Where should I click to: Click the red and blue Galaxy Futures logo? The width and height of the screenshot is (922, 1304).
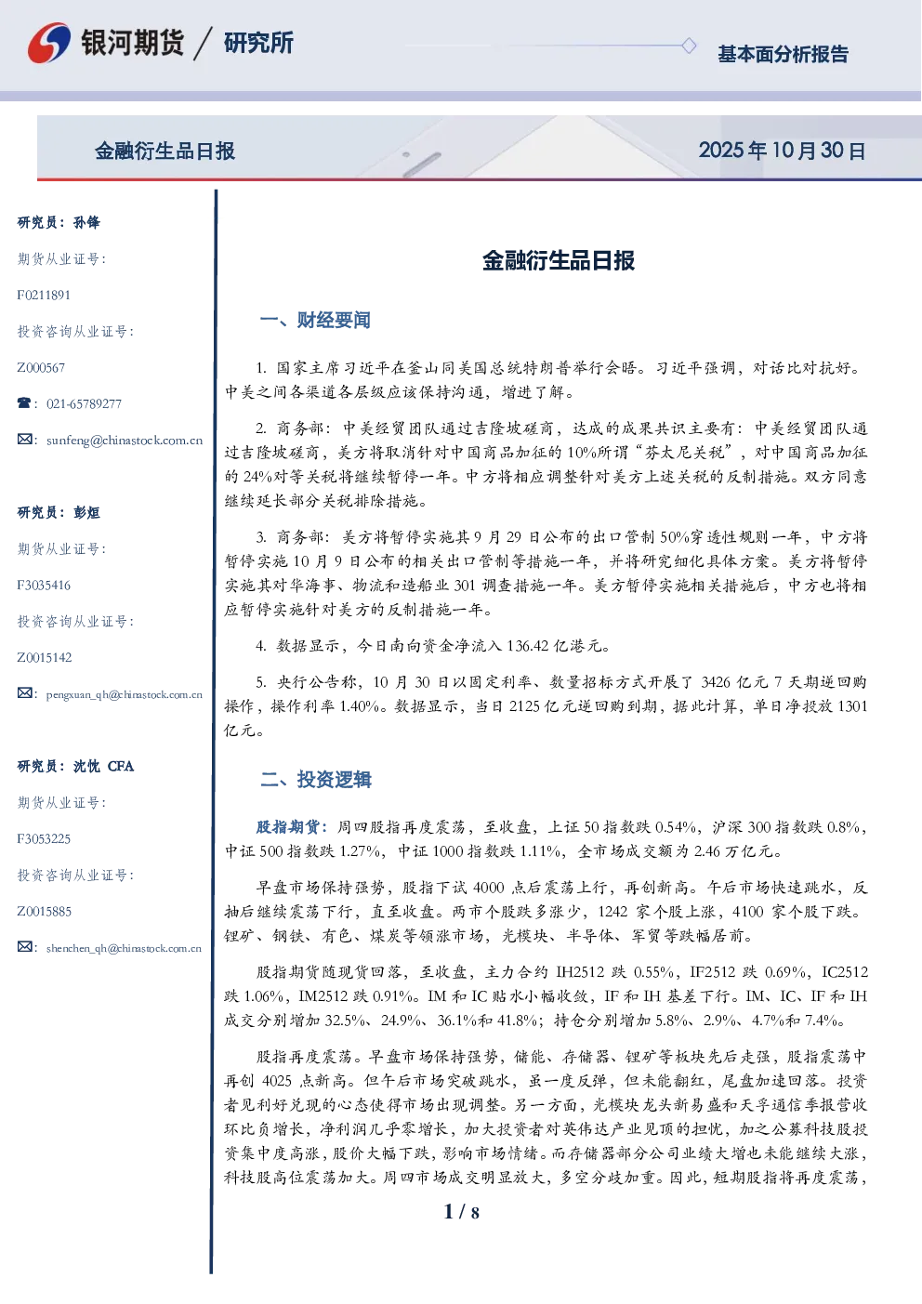click(49, 43)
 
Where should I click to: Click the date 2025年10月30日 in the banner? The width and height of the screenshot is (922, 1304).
click(782, 151)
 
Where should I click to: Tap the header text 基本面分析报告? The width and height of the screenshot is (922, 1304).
click(783, 54)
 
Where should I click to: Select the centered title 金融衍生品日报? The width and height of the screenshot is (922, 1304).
click(559, 260)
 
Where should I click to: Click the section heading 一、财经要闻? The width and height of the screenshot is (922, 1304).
click(315, 320)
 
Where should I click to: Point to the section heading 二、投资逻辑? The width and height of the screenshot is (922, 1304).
click(315, 780)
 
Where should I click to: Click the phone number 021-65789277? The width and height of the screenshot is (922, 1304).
click(84, 403)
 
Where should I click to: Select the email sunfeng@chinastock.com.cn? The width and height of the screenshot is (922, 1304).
click(125, 441)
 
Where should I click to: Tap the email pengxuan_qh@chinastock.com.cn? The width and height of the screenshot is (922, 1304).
click(124, 694)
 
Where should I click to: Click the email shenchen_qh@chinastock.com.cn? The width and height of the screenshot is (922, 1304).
click(124, 948)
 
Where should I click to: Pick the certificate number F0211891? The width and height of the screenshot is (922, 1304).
click(44, 296)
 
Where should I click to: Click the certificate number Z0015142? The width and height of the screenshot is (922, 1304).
click(45, 658)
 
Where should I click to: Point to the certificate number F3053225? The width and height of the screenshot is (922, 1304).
click(44, 839)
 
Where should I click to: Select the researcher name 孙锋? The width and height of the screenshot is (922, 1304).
click(86, 222)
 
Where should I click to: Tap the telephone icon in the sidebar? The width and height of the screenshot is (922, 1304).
click(24, 402)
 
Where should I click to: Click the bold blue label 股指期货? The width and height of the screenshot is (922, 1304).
click(288, 826)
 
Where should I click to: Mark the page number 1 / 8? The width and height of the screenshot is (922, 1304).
click(461, 1212)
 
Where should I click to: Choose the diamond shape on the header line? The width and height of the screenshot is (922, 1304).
click(689, 46)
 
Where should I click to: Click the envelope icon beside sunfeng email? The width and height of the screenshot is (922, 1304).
click(24, 440)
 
